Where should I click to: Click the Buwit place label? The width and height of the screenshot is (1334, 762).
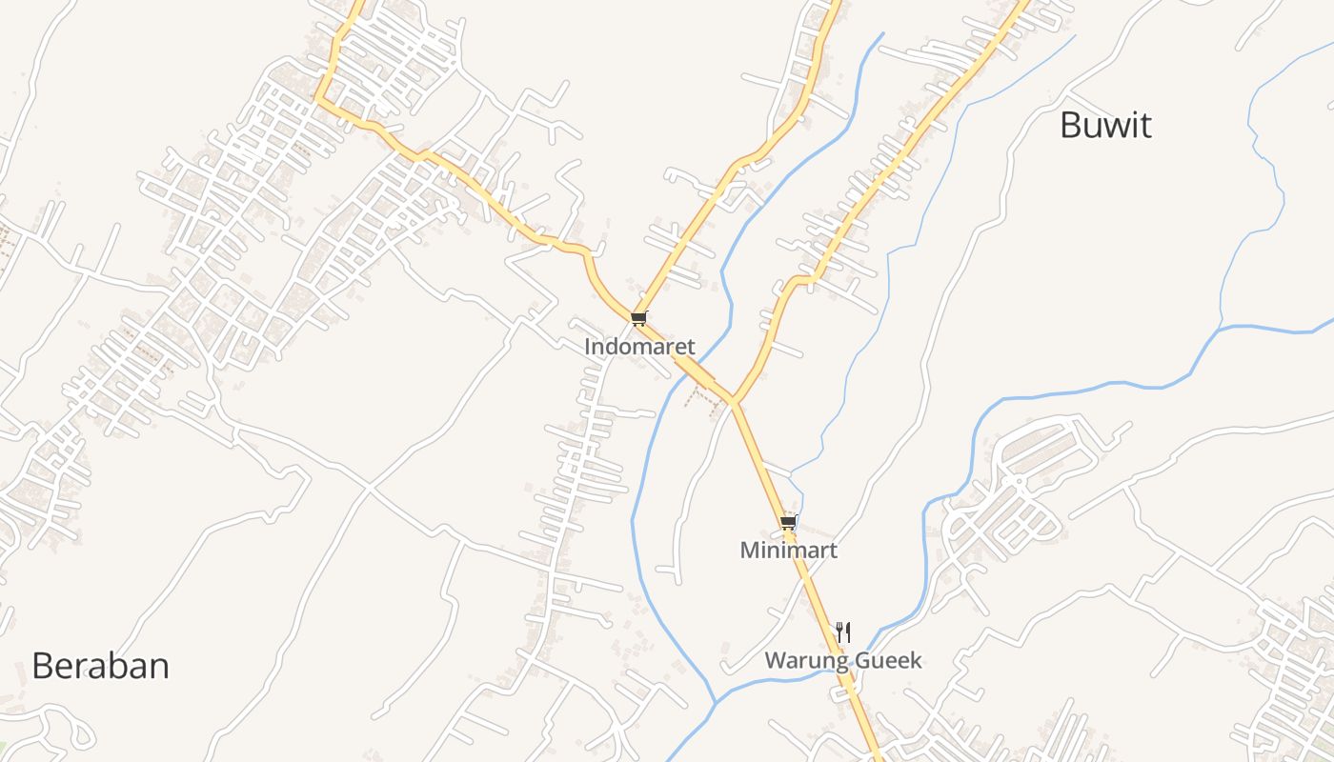point(1105,126)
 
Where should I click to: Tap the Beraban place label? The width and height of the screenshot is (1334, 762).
point(100,666)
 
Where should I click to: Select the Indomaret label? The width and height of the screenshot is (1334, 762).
point(639,347)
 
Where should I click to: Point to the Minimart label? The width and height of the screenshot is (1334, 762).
point(788,551)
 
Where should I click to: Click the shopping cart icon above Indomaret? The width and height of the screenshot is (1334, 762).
point(638,318)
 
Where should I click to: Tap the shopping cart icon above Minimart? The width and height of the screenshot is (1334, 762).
point(788,522)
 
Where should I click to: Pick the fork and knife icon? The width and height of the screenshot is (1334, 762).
point(842,632)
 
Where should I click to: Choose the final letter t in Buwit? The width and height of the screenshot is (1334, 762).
point(1145,126)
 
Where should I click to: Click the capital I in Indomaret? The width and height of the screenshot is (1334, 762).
point(588,347)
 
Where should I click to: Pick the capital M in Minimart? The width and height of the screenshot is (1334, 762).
point(749,551)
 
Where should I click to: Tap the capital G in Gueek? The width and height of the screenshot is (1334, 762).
point(856,661)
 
